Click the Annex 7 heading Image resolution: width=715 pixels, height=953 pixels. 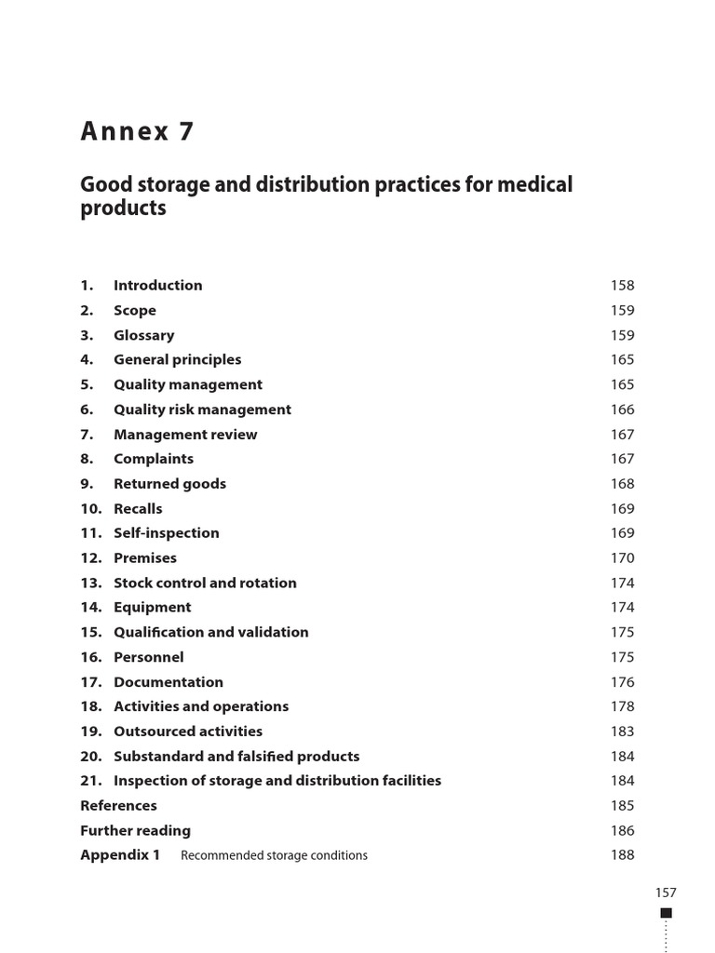(x=138, y=132)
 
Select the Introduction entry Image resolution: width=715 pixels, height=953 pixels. (x=157, y=286)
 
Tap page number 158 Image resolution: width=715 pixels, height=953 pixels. (x=622, y=286)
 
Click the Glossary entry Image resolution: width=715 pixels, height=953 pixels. (x=143, y=335)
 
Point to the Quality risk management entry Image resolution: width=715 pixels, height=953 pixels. (x=202, y=409)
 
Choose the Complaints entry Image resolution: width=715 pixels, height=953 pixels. (x=154, y=459)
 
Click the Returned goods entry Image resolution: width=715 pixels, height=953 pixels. (x=169, y=484)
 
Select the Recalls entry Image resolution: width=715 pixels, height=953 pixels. (x=138, y=509)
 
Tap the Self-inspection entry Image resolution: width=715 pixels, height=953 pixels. (x=167, y=533)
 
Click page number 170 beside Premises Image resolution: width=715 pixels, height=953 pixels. (x=622, y=558)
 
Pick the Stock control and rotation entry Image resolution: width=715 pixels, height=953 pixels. (x=205, y=584)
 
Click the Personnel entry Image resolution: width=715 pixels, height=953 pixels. (x=149, y=657)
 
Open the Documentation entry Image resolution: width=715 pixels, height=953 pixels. (x=169, y=682)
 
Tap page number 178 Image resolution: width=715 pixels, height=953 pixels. (x=622, y=707)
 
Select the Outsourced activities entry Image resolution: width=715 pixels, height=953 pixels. (x=188, y=732)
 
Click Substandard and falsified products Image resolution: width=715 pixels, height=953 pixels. (x=236, y=757)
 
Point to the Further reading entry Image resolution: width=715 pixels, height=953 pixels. (x=136, y=831)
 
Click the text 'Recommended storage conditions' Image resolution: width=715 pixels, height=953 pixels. (x=274, y=855)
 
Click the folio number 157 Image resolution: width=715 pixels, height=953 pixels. (x=666, y=893)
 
